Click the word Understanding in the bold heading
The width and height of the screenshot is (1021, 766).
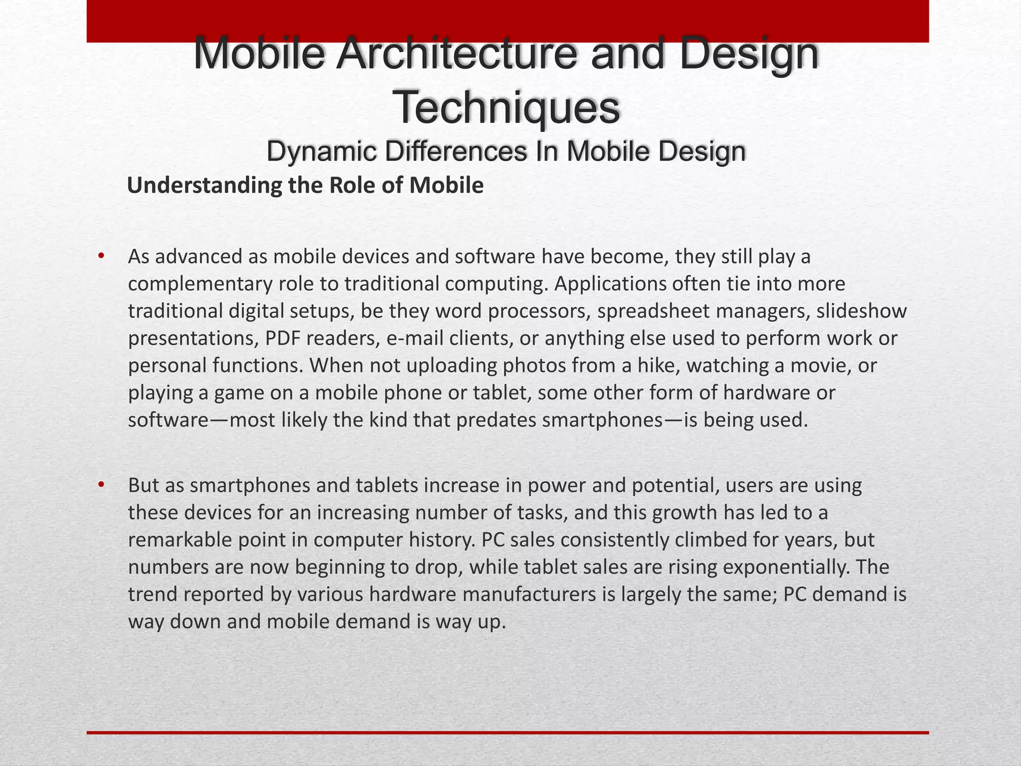pyautogui.click(x=205, y=186)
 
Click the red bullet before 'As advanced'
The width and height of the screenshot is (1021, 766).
pyautogui.click(x=101, y=256)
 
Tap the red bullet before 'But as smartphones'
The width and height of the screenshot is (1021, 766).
pyautogui.click(x=101, y=485)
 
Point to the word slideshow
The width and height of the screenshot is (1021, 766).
pyautogui.click(x=861, y=311)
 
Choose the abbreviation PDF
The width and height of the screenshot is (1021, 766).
pyautogui.click(x=283, y=338)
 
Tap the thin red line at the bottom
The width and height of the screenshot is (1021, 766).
pyautogui.click(x=508, y=733)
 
